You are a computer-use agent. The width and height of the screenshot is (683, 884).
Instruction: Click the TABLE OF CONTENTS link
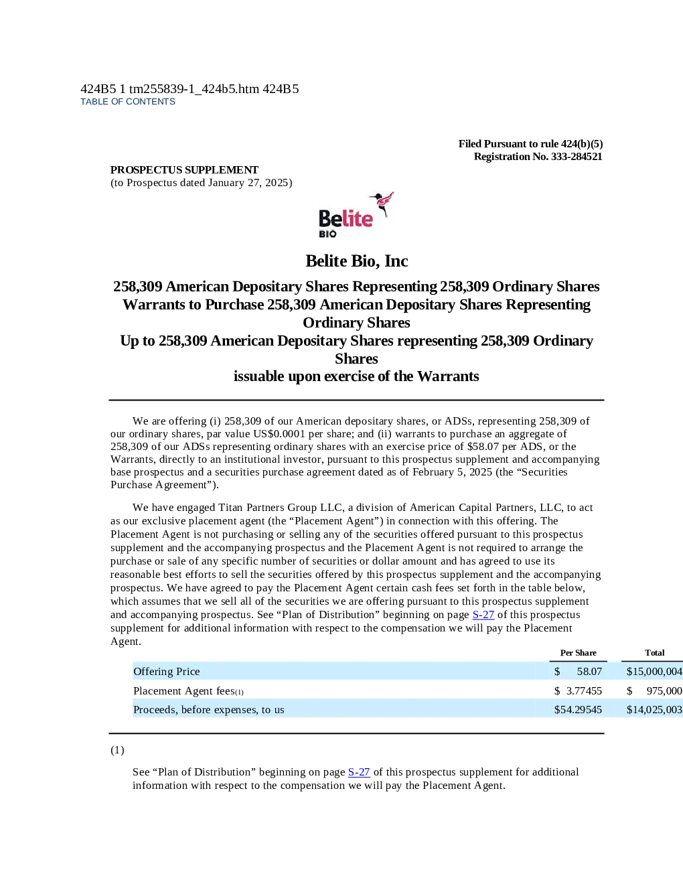point(128,102)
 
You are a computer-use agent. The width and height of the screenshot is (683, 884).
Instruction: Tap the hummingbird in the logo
point(382,204)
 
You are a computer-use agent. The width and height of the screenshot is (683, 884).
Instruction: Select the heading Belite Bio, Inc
point(356,261)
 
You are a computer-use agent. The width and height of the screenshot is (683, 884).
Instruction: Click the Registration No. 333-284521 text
point(538,157)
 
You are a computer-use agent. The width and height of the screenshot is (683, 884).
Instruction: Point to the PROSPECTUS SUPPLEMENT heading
point(184,169)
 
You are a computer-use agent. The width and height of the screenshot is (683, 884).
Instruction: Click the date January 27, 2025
point(248,183)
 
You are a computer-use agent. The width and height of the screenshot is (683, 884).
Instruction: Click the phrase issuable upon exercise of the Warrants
point(356,376)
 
